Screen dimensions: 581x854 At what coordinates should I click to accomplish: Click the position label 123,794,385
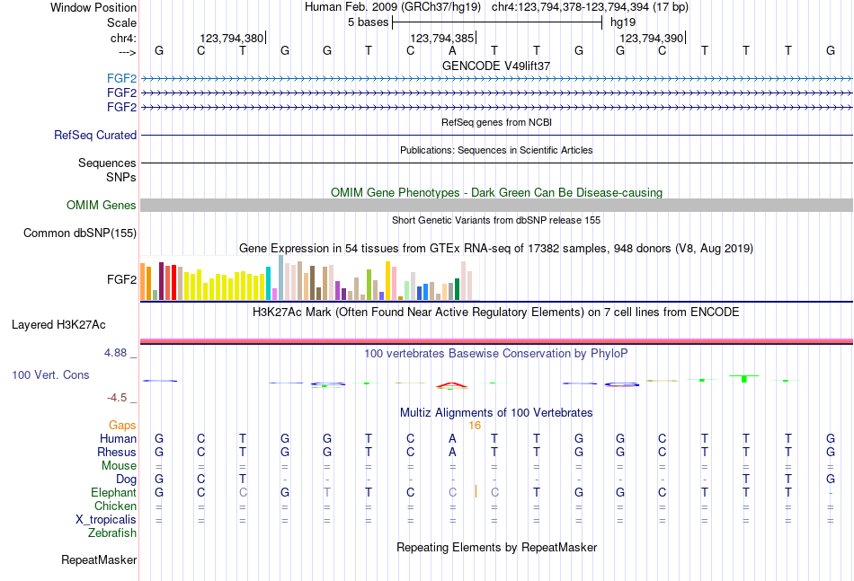tap(441, 39)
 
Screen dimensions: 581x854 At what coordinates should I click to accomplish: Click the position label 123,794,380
tap(232, 39)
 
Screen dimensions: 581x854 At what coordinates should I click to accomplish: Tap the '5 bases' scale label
tap(367, 22)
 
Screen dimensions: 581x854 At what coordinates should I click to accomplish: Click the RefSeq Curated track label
tap(95, 136)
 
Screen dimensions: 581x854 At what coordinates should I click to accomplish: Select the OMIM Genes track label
tap(102, 206)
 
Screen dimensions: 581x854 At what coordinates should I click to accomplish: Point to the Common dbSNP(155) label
tap(80, 233)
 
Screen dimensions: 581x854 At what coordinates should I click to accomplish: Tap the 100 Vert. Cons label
tap(50, 374)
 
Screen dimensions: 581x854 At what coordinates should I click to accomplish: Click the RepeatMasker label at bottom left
tap(99, 560)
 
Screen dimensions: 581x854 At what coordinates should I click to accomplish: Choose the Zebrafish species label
tap(112, 533)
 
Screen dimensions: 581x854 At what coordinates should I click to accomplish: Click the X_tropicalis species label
tap(106, 520)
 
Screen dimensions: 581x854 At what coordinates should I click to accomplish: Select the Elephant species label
tap(113, 493)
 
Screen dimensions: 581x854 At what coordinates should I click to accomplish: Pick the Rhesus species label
tap(117, 453)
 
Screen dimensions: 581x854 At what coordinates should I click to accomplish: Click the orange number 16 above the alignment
tap(476, 426)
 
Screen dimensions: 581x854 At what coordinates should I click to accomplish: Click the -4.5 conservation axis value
tap(117, 398)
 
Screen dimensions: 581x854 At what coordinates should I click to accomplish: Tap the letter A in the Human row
tap(452, 439)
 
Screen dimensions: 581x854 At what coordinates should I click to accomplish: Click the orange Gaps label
tap(122, 426)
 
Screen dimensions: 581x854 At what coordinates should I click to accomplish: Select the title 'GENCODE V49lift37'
tap(496, 66)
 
